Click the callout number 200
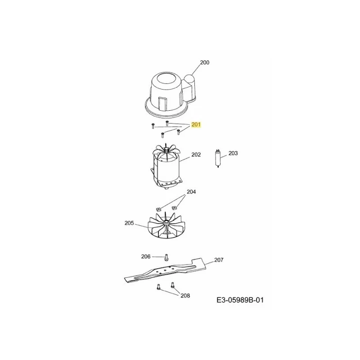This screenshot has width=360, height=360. (x=205, y=63)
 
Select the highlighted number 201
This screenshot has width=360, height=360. (x=196, y=125)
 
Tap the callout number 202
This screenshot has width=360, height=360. (x=196, y=155)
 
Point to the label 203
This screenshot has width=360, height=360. (x=233, y=153)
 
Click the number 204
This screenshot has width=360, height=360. (x=191, y=192)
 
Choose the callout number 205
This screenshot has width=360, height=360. (x=129, y=223)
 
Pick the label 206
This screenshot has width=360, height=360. (x=146, y=256)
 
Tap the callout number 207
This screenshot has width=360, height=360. (x=219, y=260)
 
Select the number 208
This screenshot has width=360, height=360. (x=185, y=296)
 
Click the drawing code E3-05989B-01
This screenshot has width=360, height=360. (x=240, y=300)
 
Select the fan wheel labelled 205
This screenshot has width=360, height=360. (x=165, y=226)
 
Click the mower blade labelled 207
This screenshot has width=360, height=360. (x=165, y=270)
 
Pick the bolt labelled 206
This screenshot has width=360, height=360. (x=166, y=257)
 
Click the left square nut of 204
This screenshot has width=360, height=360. (x=158, y=209)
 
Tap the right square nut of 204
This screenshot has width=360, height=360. (x=174, y=208)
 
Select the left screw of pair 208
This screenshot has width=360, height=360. (x=158, y=287)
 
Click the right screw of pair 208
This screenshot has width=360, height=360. (x=173, y=285)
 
